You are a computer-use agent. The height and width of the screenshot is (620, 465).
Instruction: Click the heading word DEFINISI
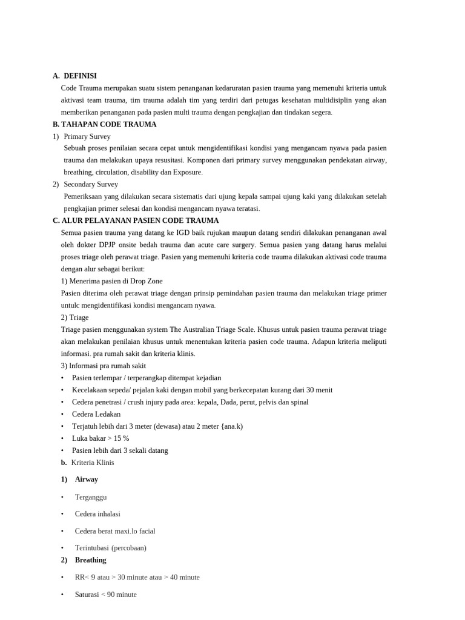(x=80, y=76)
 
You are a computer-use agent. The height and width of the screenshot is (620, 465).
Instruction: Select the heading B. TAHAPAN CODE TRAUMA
(x=105, y=124)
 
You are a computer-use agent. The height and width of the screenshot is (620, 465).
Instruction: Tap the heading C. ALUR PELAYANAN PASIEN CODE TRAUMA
(x=136, y=220)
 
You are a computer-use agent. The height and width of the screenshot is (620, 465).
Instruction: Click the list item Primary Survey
(x=87, y=136)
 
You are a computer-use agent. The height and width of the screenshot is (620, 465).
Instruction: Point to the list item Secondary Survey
(x=91, y=184)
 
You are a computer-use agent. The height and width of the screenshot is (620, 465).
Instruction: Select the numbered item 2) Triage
(x=74, y=317)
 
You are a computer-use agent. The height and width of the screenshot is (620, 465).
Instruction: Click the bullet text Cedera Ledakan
(x=96, y=414)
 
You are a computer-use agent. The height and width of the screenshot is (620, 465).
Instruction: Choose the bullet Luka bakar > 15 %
(x=101, y=438)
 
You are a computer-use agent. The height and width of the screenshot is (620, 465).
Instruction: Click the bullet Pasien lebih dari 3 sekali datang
(x=120, y=450)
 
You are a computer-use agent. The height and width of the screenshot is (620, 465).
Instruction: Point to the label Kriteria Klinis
(x=93, y=463)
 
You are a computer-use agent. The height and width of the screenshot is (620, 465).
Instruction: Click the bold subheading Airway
(x=87, y=480)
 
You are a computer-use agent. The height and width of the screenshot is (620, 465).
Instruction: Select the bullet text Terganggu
(x=91, y=497)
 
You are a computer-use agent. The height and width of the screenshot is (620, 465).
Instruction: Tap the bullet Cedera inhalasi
(x=97, y=514)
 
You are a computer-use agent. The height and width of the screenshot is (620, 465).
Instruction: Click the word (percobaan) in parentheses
(x=129, y=548)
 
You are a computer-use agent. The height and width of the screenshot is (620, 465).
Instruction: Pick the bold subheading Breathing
(x=90, y=560)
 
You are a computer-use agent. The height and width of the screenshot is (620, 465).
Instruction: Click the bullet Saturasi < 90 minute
(x=106, y=595)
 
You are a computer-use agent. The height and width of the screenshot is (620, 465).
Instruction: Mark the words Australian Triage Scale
(x=220, y=329)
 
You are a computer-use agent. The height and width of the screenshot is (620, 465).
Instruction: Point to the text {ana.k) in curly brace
(x=232, y=426)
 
